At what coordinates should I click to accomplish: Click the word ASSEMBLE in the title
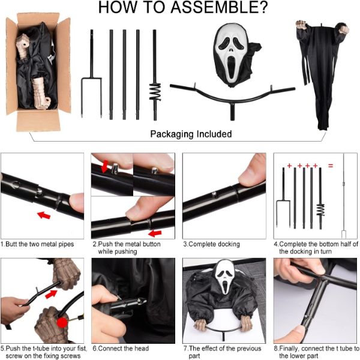coord(219,7)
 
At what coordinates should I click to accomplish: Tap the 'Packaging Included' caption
coord(191,134)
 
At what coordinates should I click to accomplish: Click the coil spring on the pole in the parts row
coord(155,92)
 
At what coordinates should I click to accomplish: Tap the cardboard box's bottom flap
coord(38,121)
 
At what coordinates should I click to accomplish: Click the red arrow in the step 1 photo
coord(44,215)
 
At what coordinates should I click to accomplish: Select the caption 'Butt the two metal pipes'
coord(40,244)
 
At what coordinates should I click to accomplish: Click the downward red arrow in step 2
coord(105,166)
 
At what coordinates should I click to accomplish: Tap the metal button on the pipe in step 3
coord(214,194)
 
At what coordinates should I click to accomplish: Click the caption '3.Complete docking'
coord(211,244)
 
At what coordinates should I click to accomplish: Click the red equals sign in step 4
coord(331,166)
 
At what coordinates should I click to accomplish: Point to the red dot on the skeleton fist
coord(62,323)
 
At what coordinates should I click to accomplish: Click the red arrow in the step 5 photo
coord(51,294)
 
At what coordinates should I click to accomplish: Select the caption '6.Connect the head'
coord(121,348)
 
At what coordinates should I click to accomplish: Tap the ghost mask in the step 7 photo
coord(226,276)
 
